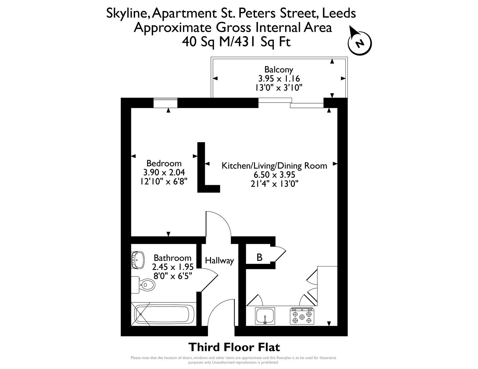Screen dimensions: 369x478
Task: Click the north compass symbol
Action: (x=359, y=43)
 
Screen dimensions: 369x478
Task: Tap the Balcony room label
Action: (x=279, y=70)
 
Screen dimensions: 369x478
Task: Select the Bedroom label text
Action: (x=164, y=163)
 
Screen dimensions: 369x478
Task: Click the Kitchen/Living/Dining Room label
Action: (x=274, y=166)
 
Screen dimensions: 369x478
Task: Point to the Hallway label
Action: (x=219, y=261)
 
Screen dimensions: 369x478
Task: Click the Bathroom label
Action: (x=172, y=258)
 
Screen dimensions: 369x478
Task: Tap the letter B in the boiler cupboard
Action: (x=259, y=257)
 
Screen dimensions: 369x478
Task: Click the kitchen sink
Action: (x=265, y=316)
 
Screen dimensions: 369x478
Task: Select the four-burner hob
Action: (x=302, y=316)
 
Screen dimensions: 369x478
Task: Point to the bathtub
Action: (x=164, y=314)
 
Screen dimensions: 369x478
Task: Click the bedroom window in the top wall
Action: (x=165, y=103)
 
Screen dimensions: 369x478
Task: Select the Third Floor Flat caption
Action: (x=234, y=347)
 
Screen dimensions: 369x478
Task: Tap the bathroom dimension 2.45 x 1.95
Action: (x=173, y=266)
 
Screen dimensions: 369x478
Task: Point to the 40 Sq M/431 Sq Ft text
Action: (x=236, y=42)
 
